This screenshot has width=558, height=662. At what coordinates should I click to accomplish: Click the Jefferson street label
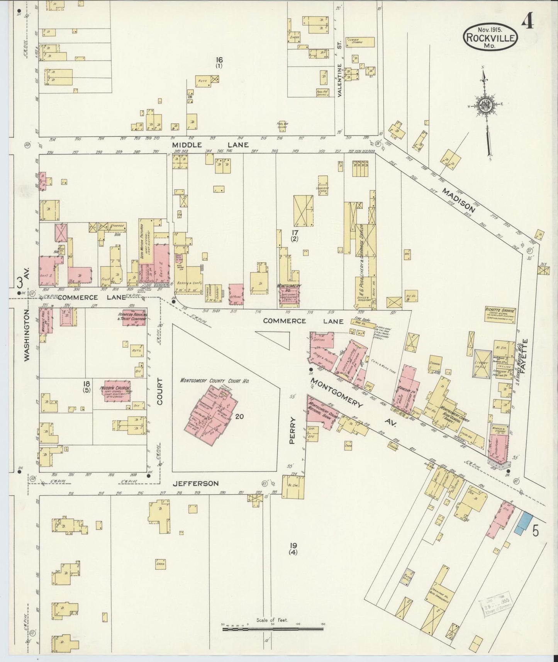click(196, 483)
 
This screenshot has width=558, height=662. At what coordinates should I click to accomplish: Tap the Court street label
click(160, 391)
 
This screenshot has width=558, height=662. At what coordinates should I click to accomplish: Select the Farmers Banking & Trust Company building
click(134, 318)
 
